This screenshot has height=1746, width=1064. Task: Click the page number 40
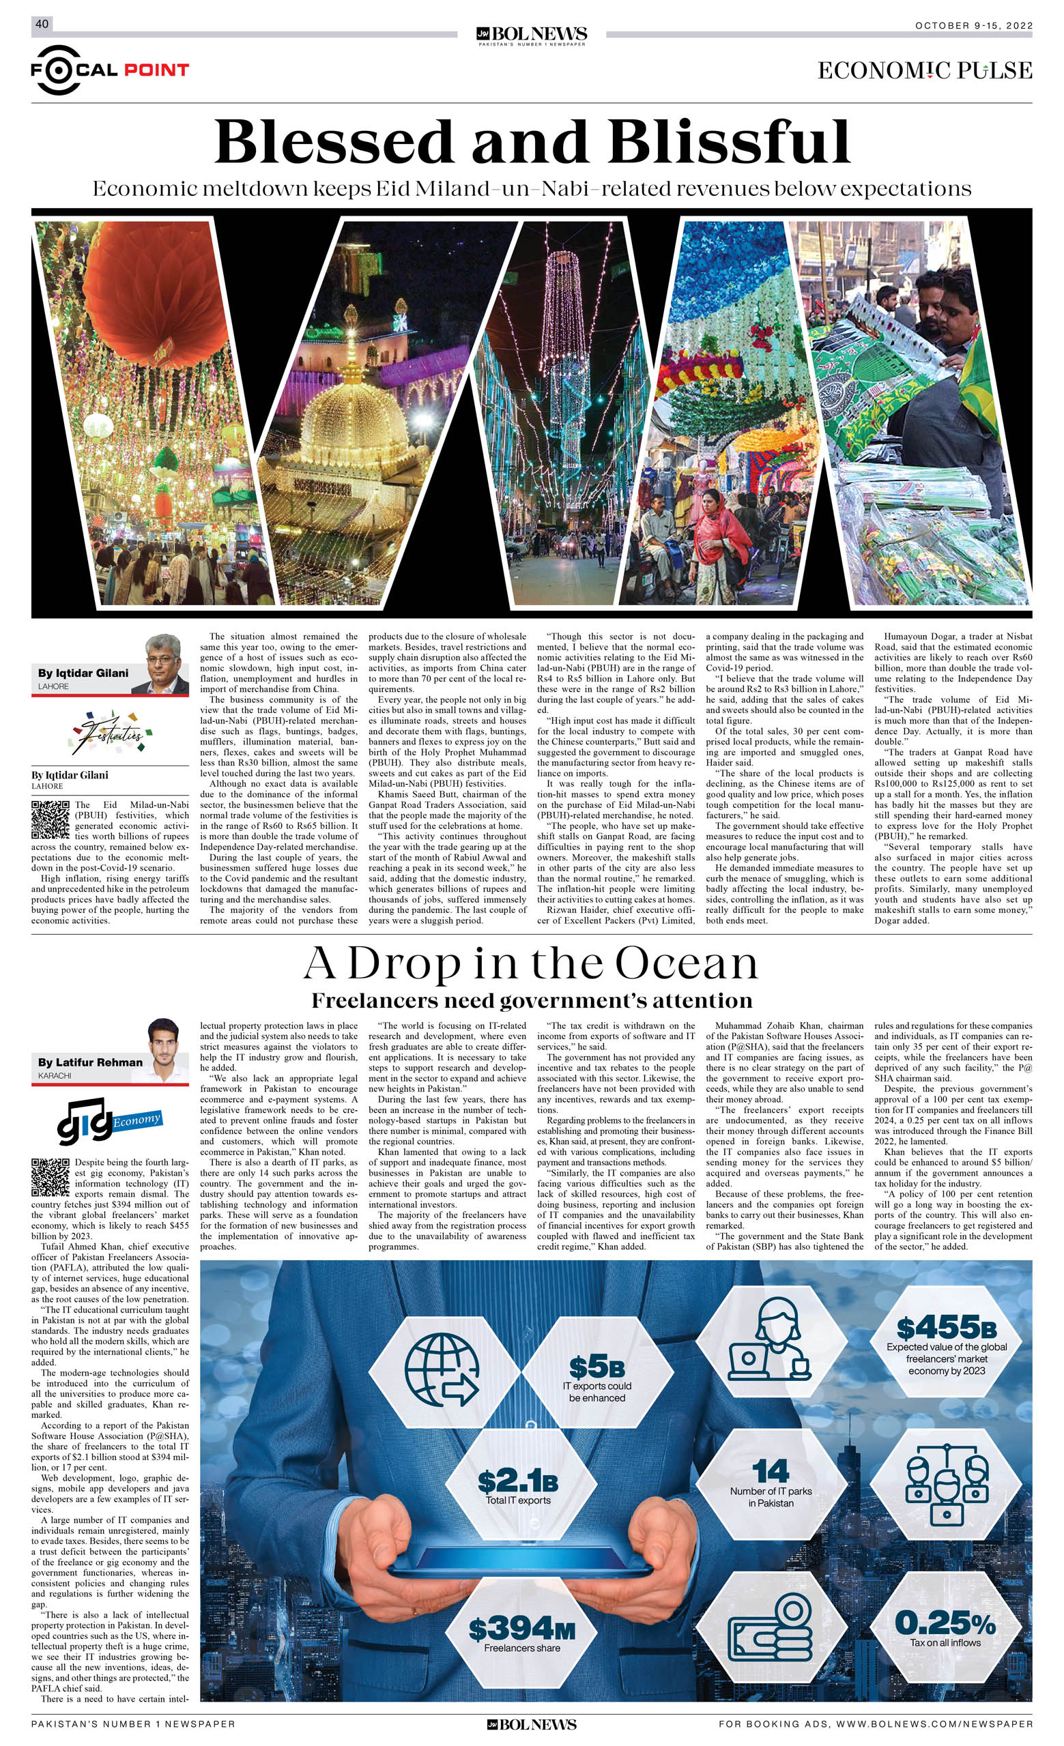42,24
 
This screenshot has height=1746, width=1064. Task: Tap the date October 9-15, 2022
973,25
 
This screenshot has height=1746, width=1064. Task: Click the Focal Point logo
109,70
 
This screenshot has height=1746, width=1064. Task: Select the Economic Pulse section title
924,70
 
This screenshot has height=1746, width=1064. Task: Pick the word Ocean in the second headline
686,964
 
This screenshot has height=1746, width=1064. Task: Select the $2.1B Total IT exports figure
517,1481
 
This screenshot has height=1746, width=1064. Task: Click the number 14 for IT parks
771,1472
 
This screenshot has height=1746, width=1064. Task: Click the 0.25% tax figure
945,1623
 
